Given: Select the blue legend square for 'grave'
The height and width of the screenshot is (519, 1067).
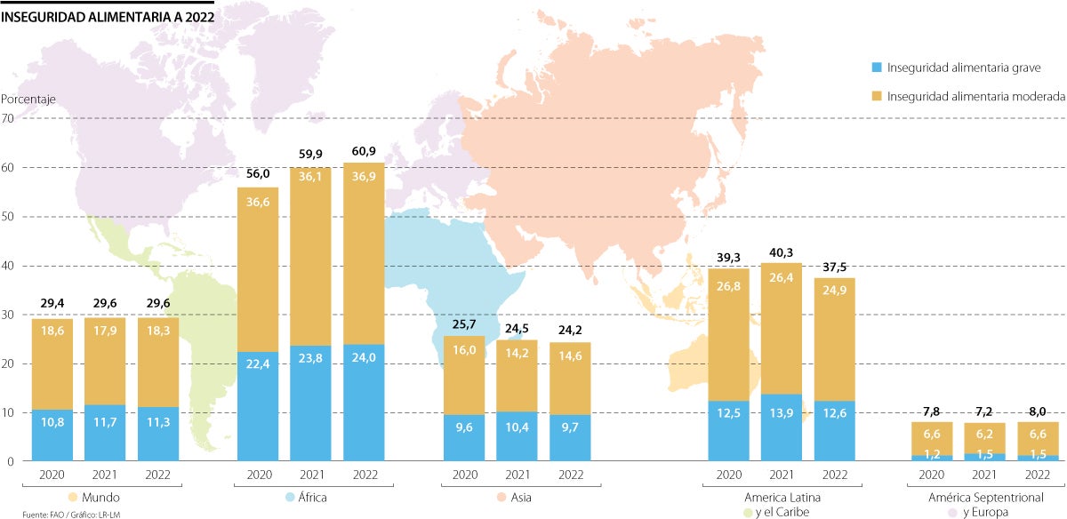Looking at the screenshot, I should (876, 68).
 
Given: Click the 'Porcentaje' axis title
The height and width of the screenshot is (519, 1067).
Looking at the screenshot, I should (28, 100).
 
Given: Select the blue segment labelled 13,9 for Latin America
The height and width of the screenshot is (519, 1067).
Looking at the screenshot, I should (782, 427).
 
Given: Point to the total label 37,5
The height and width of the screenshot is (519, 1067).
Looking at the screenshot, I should (834, 267).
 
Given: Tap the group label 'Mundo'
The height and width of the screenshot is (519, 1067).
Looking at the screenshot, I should (100, 498).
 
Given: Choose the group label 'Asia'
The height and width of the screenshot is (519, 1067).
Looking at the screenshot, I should (522, 498).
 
